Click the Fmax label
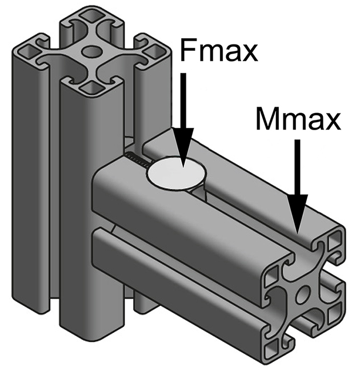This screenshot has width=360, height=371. click(219, 51)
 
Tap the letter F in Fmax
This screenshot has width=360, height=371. click(188, 51)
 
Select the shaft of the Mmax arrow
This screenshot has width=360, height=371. click(298, 171)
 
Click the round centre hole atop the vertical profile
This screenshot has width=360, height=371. click(90, 53)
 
